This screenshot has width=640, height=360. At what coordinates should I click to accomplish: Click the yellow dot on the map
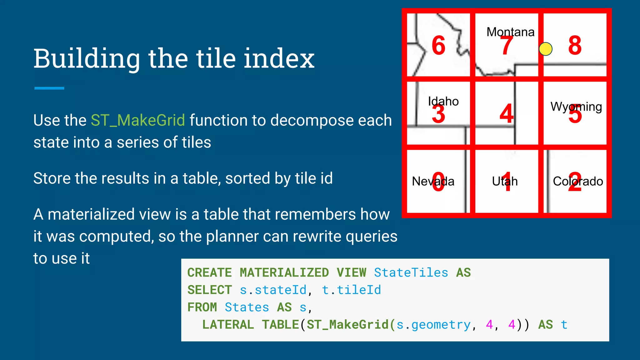point(546,49)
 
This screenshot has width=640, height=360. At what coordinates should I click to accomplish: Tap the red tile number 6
point(438,45)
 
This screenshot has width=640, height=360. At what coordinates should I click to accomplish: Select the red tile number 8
point(575,45)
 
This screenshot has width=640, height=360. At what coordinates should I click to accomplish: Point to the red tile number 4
point(506,113)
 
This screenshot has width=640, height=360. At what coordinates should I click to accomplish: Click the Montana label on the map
point(510,32)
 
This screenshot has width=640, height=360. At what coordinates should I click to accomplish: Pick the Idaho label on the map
point(443,101)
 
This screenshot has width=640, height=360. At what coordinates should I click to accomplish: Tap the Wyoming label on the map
point(576,107)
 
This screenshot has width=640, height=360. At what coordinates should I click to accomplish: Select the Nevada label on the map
point(433,181)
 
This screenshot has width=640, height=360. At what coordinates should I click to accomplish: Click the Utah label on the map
point(505,181)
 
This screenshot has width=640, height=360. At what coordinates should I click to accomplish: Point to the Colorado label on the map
point(578,181)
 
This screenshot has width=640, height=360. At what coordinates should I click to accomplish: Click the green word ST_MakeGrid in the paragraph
point(138,120)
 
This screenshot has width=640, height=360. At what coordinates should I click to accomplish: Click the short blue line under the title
point(49,88)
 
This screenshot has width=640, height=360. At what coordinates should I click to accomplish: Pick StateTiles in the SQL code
point(411,273)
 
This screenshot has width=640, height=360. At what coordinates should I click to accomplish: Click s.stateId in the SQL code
point(273,290)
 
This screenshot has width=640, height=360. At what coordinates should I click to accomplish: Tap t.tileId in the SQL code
point(351,290)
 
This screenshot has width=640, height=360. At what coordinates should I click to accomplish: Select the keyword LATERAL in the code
point(228,325)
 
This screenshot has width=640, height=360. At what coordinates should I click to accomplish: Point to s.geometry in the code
point(433,325)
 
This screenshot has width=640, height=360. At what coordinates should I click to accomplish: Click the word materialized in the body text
point(109,214)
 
